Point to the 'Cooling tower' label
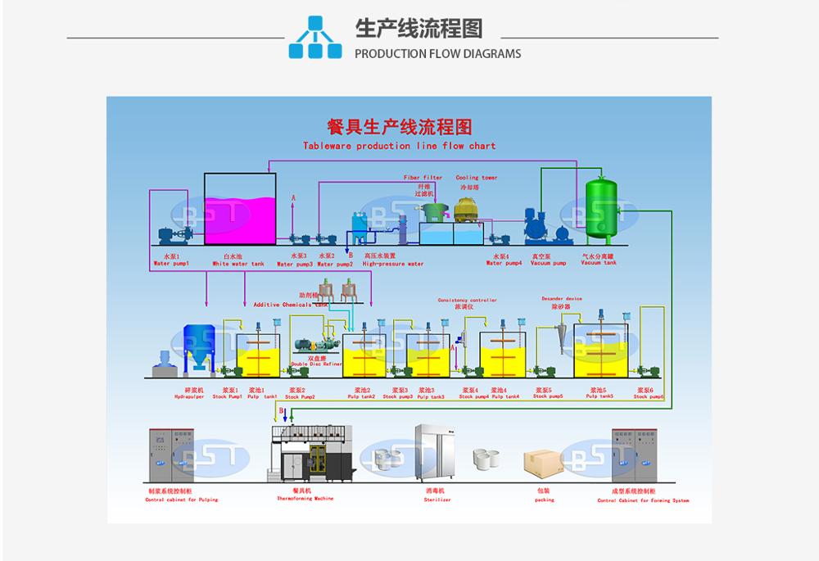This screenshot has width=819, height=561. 476,178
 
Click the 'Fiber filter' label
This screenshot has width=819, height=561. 423,178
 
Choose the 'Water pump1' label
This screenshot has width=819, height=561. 170,264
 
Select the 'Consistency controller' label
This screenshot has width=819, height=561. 467,301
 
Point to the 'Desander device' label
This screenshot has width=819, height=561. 562,299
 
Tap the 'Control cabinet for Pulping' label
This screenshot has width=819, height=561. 181,500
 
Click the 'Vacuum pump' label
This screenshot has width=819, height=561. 548,264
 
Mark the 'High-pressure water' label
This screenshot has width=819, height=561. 393,265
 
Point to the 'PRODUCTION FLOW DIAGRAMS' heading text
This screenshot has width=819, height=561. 437,54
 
